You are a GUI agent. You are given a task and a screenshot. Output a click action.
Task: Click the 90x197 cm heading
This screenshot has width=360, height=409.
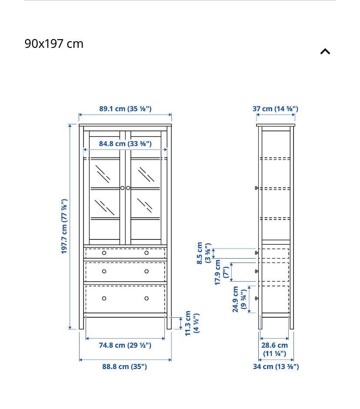point(54,43)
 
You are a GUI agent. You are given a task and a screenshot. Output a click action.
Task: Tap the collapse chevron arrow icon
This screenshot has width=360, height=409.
point(325,51)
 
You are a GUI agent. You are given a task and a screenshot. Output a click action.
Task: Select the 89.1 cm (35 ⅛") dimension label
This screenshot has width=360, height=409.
point(125,109)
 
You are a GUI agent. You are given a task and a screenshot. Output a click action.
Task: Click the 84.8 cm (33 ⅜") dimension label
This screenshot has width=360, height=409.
point(125,143)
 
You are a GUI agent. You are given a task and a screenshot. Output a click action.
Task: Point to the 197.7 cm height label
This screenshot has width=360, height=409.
point(64,226)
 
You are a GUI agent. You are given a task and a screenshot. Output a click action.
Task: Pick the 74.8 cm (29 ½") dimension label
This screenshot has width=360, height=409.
point(125,345)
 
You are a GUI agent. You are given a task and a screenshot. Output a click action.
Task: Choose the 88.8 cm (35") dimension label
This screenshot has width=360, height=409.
point(124,366)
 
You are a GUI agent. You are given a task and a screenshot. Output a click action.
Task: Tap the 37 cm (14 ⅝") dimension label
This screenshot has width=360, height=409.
point(275,109)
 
